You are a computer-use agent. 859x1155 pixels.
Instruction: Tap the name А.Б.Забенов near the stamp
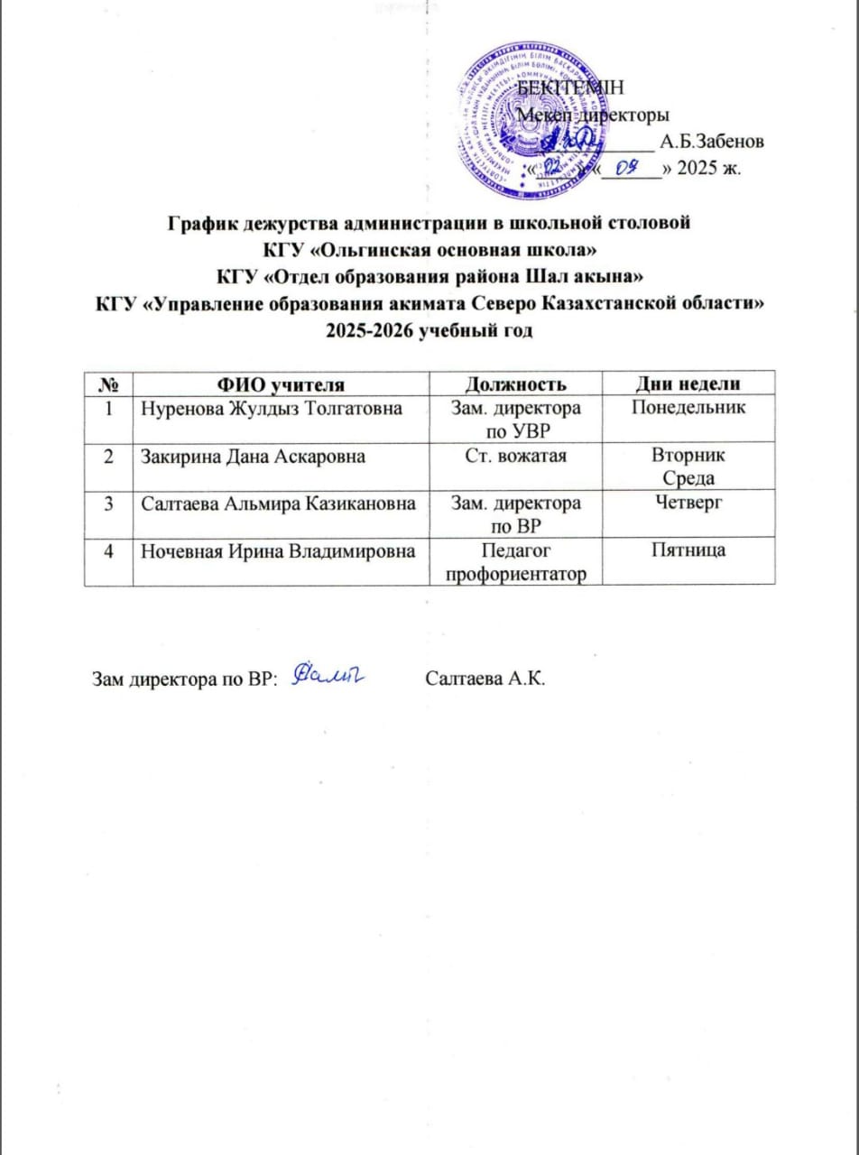[x=713, y=142]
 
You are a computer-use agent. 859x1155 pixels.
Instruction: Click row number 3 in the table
[x=108, y=503]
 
